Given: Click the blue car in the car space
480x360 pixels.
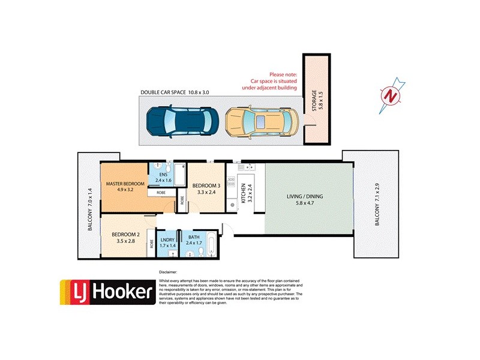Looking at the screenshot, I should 178,122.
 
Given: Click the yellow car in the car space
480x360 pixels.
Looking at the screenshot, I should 262,122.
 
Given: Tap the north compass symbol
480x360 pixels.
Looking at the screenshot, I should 391,95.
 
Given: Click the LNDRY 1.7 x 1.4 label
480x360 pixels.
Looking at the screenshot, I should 167,243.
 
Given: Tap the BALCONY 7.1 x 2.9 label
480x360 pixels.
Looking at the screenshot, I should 377,204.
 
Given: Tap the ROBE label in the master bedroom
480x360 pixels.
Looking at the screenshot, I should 161,193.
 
